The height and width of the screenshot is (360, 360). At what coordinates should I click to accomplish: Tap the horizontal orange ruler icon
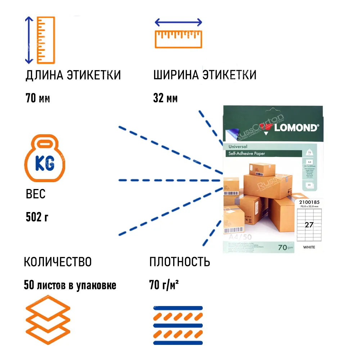(x=178, y=39)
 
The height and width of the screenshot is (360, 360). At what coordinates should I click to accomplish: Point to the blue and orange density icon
(x=178, y=325)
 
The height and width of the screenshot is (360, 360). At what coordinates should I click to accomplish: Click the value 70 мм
(x=38, y=98)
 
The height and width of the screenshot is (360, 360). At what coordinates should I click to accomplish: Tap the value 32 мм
(x=165, y=98)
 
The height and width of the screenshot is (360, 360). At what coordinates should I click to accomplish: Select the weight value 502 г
(x=37, y=217)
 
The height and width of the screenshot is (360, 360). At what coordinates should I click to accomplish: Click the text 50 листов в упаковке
(x=70, y=285)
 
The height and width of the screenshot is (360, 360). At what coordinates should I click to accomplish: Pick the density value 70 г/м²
(x=164, y=285)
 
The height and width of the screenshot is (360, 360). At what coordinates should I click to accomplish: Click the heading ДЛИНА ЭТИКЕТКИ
(x=73, y=75)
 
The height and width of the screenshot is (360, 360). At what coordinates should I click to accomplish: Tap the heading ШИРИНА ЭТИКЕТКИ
(x=205, y=75)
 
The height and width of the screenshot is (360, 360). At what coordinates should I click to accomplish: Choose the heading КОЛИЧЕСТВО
(x=58, y=262)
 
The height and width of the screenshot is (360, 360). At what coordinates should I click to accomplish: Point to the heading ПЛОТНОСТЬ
(x=180, y=262)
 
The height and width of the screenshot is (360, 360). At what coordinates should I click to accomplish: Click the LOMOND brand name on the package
(x=296, y=127)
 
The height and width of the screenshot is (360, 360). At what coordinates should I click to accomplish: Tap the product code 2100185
(x=309, y=202)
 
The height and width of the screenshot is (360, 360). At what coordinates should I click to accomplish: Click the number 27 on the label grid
(x=309, y=225)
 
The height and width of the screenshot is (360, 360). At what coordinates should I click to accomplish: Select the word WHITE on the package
(x=309, y=247)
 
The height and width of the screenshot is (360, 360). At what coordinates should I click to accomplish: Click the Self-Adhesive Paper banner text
(x=247, y=154)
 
